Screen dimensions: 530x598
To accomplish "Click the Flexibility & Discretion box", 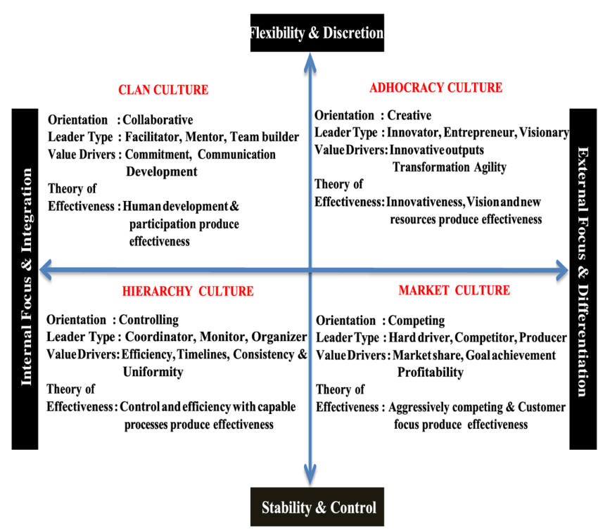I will [317, 33].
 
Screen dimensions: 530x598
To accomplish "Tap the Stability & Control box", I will [318, 508].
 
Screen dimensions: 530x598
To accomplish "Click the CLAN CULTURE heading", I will [163, 90].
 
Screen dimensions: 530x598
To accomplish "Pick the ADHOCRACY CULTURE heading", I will [435, 88].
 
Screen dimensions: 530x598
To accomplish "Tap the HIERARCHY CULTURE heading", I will [187, 291].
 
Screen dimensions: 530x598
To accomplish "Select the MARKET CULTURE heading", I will [454, 290].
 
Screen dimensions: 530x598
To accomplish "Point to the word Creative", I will [409, 115].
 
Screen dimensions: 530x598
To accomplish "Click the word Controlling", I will [149, 320].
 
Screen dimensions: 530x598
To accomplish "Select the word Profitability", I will [431, 372].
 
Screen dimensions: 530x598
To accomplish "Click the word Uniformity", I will [153, 372].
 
